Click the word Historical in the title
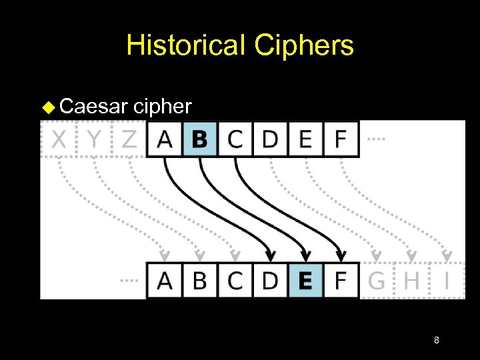point(186,45)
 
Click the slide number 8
point(436,341)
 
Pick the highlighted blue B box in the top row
point(199,139)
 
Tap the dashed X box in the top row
point(59,139)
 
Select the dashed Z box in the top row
point(129,139)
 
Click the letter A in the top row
point(164,139)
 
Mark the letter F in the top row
point(341,139)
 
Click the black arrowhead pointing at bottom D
point(270,255)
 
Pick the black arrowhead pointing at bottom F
point(341,255)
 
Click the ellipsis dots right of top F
point(377,139)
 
